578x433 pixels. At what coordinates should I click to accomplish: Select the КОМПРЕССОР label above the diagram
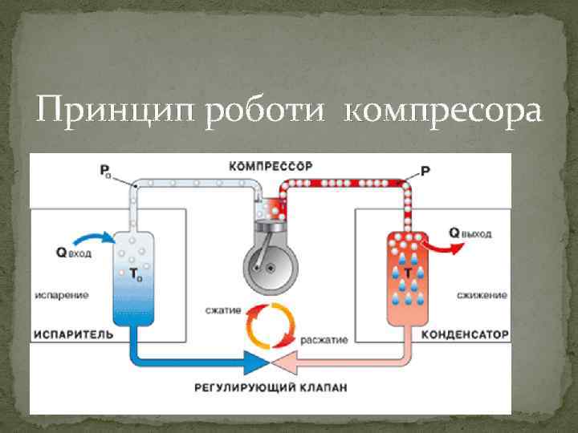(x=269, y=167)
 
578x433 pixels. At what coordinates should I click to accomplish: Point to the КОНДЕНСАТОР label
(x=466, y=334)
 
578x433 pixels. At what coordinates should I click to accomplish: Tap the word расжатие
(x=324, y=339)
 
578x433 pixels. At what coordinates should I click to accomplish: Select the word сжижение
(x=482, y=295)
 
